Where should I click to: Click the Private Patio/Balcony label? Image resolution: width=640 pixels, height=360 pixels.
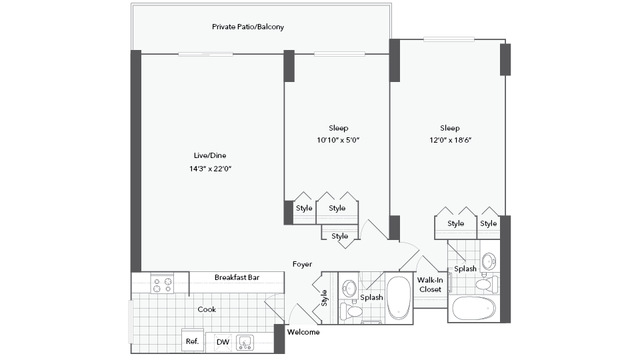point(248,27)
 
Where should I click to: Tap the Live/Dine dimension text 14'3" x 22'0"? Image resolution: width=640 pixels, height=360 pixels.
point(210,169)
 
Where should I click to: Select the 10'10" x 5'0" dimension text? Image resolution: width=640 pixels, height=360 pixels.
point(338,140)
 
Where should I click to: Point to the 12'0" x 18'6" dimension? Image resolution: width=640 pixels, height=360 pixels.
point(450,140)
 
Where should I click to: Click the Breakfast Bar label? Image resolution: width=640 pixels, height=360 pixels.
point(237,277)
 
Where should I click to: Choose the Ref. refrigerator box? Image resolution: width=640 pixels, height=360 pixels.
point(192,341)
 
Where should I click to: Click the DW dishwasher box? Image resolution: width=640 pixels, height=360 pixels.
point(223,342)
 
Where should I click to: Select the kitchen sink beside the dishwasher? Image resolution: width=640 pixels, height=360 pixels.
point(245,343)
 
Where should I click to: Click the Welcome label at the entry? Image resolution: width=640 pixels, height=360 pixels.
point(303,332)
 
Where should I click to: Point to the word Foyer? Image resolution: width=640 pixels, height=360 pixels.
point(302,265)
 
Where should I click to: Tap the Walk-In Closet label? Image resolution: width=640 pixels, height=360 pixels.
point(430,285)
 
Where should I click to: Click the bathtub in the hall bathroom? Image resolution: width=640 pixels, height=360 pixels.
point(399,298)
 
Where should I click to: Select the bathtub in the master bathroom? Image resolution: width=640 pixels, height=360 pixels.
point(474,309)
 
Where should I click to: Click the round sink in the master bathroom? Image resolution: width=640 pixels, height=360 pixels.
point(489,261)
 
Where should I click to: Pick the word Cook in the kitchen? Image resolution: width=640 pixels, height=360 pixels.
point(207,309)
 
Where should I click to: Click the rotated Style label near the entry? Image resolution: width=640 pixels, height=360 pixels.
point(324,298)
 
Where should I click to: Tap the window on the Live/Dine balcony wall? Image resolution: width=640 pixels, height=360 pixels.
point(206,54)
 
